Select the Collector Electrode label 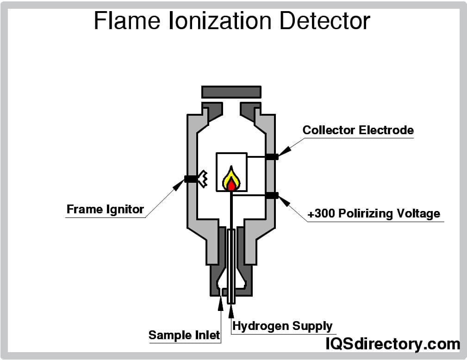tap(358, 130)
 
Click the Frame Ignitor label tap(105, 209)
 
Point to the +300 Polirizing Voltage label tap(374, 214)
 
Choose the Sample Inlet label tap(184, 335)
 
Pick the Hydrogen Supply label tap(282, 326)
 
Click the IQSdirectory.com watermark tap(393, 344)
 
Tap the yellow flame tap(231, 178)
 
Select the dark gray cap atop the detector tap(231, 92)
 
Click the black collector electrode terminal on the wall tap(272, 156)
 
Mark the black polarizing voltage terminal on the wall tap(272, 195)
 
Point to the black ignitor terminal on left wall tap(191, 179)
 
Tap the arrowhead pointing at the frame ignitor tap(179, 185)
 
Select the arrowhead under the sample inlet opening tap(220, 301)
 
